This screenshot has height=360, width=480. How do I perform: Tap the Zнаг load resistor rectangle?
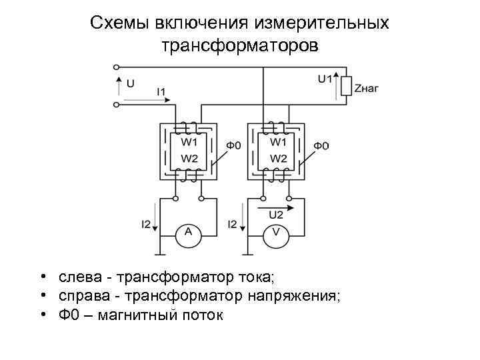coord(346,87)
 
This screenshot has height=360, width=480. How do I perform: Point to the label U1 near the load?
coord(325,79)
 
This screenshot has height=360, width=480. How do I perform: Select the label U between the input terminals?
coord(130,84)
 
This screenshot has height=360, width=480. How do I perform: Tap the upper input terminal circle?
coord(117,67)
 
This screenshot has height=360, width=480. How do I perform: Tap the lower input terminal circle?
coord(117,104)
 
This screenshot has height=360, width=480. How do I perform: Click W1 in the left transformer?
coord(190,141)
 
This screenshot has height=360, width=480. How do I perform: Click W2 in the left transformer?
coord(190,159)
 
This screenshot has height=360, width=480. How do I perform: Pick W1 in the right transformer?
coord(279,141)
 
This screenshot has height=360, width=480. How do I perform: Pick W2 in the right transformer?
coord(279,159)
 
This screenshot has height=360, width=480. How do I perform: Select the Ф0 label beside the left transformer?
coord(233,145)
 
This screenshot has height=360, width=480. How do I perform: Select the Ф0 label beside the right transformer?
coord(321,145)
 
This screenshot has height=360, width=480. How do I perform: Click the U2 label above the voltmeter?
coord(275,215)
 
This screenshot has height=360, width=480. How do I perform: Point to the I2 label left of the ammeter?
coord(145,224)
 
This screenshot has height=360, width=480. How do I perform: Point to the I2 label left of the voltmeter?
coord(233,224)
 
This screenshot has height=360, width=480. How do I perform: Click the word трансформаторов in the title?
coord(240,48)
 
